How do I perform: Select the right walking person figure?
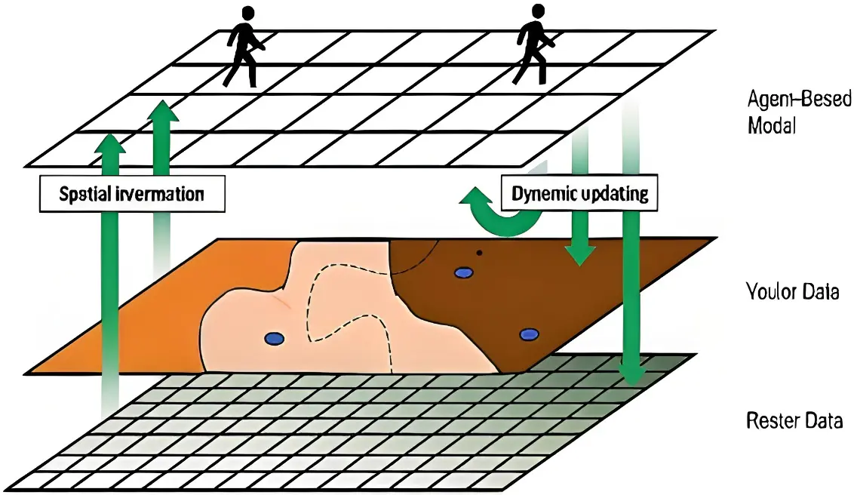(531, 47)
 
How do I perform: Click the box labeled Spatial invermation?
(132, 193)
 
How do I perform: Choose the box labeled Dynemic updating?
(580, 193)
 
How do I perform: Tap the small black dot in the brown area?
(478, 253)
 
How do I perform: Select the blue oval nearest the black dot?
(462, 272)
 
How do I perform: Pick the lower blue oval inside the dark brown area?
(530, 334)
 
